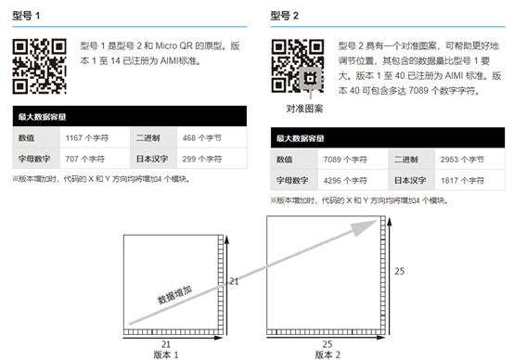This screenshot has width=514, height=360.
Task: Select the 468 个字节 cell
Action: [x=203, y=136]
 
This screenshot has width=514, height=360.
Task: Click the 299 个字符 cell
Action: [x=203, y=158]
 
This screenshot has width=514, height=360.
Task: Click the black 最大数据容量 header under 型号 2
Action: [x=387, y=138]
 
